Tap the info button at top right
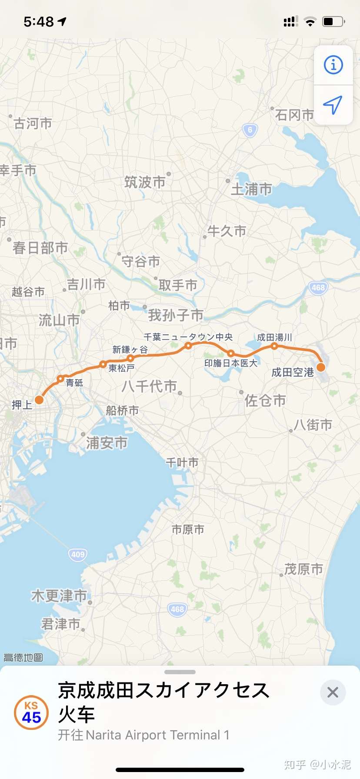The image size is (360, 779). (333, 65)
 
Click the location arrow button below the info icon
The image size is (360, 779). (333, 105)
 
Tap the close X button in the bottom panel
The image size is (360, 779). (333, 692)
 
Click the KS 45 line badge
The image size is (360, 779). (31, 712)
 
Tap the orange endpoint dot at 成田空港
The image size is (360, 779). (321, 367)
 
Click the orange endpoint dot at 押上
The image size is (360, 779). (39, 400)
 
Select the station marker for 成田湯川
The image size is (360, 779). (274, 346)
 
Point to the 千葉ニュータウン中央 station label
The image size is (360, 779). (188, 337)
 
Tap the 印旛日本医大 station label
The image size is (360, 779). (231, 363)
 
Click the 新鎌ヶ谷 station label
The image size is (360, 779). (130, 350)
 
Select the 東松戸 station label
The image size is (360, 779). (121, 368)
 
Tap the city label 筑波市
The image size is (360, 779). (145, 182)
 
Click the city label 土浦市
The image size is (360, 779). (251, 189)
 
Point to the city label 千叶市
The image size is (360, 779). (182, 462)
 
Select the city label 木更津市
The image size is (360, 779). (59, 596)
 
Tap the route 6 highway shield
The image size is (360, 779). (250, 130)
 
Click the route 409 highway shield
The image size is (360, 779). (78, 554)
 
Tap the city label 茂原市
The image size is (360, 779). (303, 569)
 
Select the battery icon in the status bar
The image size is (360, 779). (333, 21)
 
